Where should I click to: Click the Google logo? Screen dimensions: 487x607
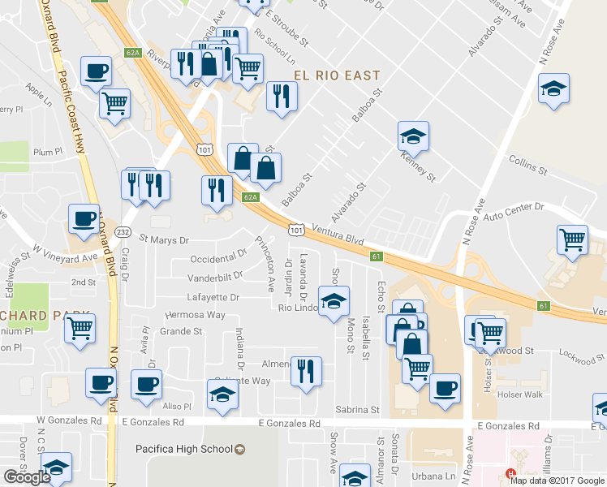pos(27,477)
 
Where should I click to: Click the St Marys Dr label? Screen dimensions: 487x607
pos(163,240)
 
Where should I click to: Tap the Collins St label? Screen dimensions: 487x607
pos(527,164)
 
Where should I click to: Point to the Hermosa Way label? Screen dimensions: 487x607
pos(195,315)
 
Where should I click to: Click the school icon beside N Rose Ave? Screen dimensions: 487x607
pos(553,89)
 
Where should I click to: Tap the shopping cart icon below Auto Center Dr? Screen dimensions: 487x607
pos(573,240)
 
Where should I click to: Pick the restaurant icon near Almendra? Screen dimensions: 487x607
pos(306,371)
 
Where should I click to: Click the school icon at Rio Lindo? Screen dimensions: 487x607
pos(333,302)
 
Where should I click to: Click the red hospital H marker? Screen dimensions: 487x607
pos(510,474)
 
